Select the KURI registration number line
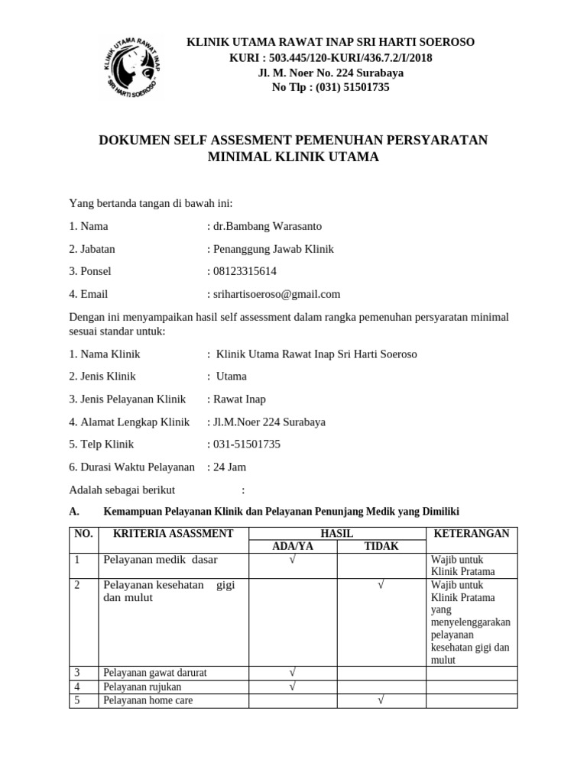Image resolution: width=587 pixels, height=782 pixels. (x=331, y=57)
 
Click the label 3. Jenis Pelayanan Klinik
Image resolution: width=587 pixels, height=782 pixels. (x=128, y=399)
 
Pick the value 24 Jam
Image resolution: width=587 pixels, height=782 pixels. (x=229, y=467)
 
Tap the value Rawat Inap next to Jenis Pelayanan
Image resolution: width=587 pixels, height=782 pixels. (x=239, y=399)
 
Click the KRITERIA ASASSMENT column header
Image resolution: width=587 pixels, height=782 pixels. (x=173, y=533)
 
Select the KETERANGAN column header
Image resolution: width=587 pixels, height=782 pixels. (x=471, y=533)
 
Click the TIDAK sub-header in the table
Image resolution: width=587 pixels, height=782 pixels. (x=380, y=546)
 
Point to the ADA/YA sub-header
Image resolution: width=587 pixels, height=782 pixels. (x=293, y=546)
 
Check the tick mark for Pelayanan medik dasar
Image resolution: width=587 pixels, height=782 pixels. (x=293, y=560)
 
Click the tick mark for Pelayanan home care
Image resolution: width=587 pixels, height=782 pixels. (x=380, y=700)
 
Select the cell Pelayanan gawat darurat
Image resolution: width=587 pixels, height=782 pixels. (x=155, y=673)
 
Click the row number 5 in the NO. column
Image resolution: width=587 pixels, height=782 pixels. (x=77, y=700)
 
